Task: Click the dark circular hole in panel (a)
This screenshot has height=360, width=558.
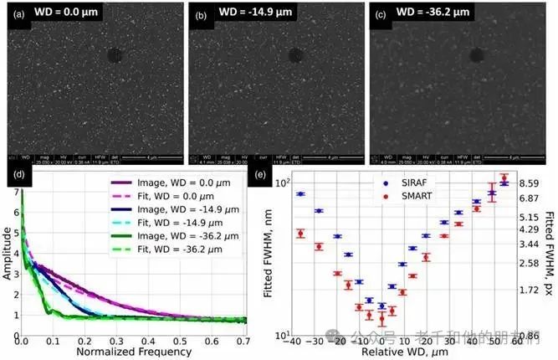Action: (x=115, y=56)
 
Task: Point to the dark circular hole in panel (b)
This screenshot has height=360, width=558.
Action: (x=295, y=56)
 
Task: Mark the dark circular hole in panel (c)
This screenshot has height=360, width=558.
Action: (x=477, y=55)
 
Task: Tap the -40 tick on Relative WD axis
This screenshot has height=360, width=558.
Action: (x=292, y=342)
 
